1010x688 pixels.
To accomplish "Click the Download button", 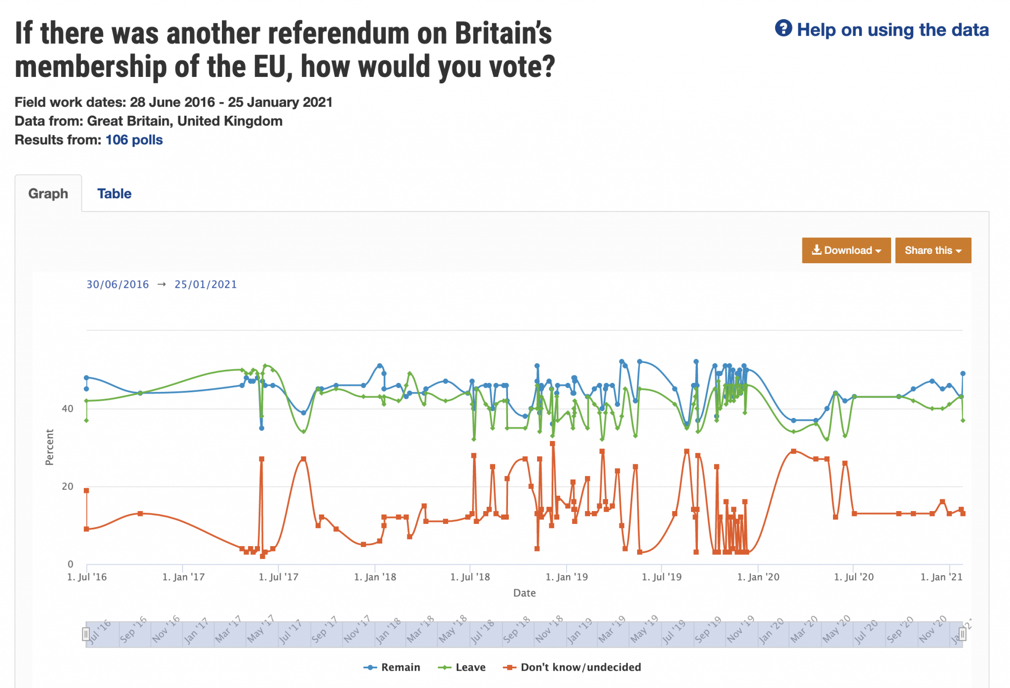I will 846,250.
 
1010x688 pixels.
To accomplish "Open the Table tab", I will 114,194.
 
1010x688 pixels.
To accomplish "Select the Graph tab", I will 48,194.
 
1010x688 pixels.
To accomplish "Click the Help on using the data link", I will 892,30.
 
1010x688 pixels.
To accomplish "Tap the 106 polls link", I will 134,140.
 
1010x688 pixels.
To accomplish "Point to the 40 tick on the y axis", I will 68,409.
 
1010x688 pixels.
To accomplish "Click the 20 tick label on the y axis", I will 68,486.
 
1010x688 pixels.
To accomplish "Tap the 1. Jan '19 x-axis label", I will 567,577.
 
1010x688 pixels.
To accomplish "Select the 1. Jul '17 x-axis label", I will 279,577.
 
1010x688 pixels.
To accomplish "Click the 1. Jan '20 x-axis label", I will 758,577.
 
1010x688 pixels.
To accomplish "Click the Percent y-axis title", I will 49,447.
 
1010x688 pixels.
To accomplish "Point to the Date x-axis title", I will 524,593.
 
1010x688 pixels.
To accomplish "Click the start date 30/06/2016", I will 117,284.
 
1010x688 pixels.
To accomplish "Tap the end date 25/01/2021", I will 206,284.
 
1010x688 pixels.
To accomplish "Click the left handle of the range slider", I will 86,634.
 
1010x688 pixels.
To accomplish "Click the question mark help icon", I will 783,29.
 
